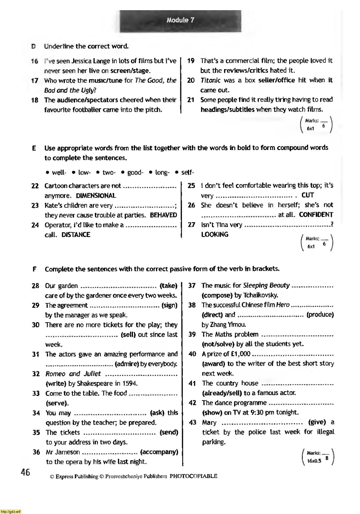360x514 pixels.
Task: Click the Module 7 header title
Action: click(180, 20)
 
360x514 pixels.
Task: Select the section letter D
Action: click(34, 46)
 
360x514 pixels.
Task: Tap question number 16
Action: click(35, 61)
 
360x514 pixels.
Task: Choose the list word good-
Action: click(135, 173)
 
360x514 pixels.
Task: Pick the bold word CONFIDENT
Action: click(316, 215)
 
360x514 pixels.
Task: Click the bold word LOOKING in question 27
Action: click(215, 234)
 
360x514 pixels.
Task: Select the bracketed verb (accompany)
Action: click(159, 452)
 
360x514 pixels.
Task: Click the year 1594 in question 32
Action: click(128, 384)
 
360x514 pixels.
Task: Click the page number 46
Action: click(25, 472)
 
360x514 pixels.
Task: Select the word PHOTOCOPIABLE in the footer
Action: click(193, 476)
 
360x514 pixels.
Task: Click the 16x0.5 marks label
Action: click(314, 461)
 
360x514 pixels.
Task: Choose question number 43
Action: click(192, 422)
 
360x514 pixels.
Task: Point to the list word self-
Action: click(187, 173)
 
